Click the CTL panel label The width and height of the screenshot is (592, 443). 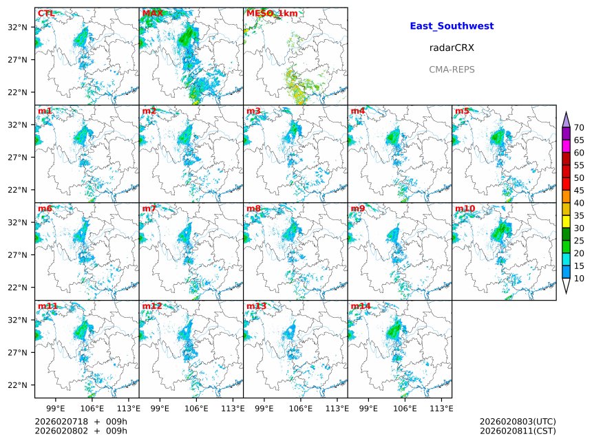click(x=45, y=13)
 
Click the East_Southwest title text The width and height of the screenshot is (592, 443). click(x=452, y=26)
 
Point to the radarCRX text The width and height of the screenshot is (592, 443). click(x=452, y=48)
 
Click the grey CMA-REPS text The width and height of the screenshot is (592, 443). click(x=452, y=69)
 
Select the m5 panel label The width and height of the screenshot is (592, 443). click(x=462, y=111)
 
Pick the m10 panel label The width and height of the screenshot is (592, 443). click(x=465, y=208)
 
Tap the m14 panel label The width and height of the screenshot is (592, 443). click(x=361, y=306)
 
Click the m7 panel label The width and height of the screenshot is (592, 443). click(x=149, y=208)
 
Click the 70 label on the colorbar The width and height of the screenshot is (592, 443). click(x=579, y=128)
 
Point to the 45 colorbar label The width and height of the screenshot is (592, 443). click(x=579, y=191)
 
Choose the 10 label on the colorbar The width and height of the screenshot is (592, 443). click(x=579, y=279)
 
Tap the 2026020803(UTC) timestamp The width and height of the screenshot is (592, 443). click(x=518, y=421)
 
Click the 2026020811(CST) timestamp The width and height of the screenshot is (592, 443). click(x=518, y=431)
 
